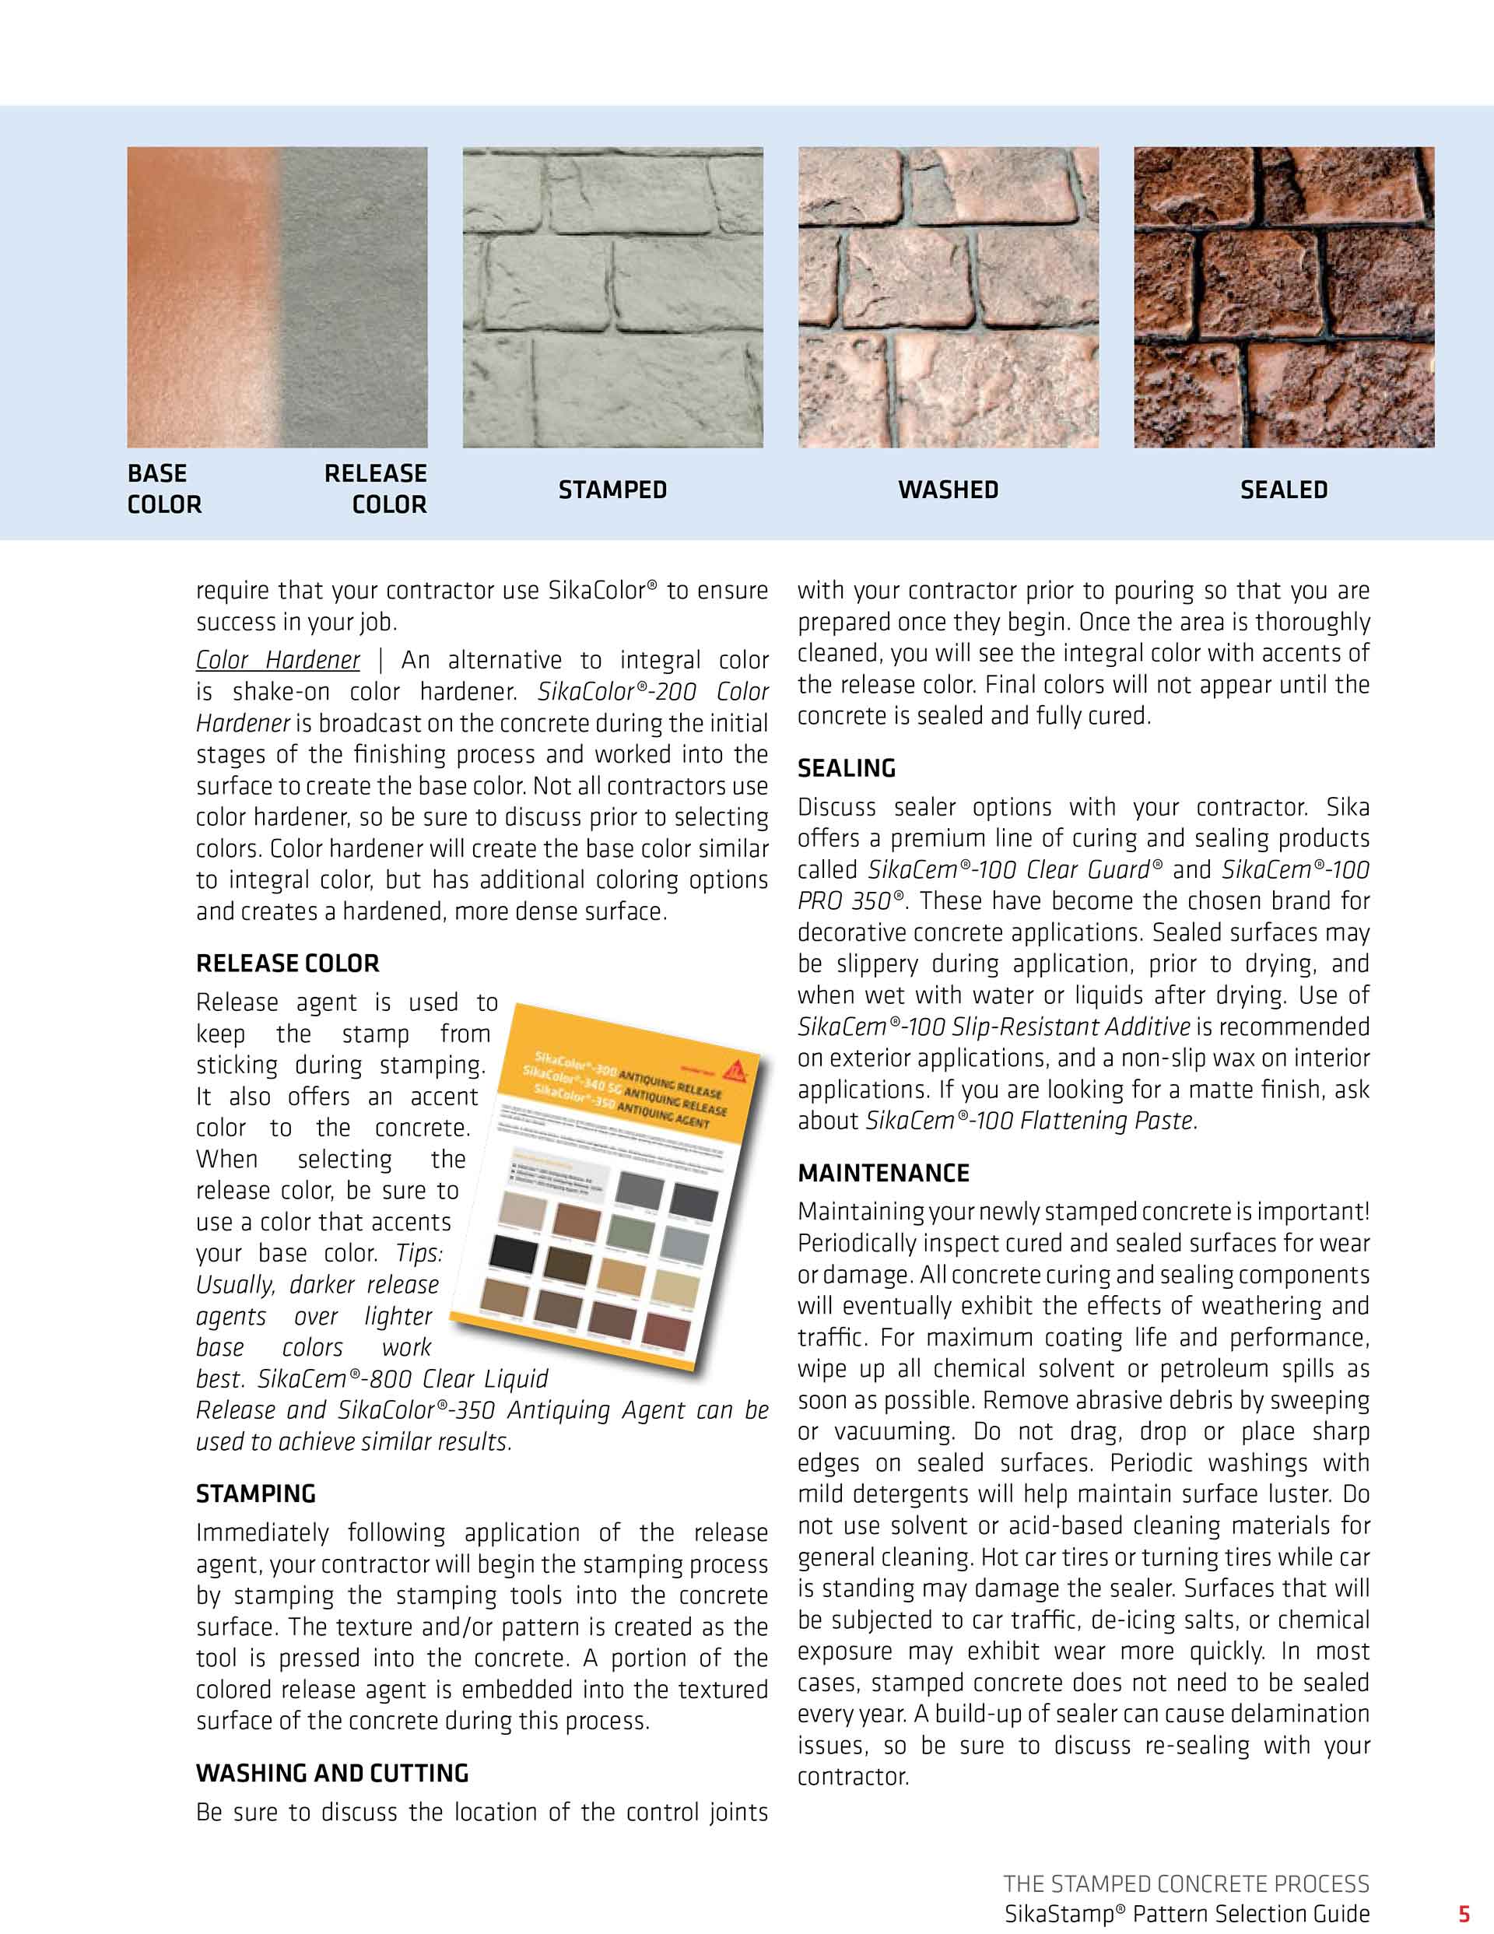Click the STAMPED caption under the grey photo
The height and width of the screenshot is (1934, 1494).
[612, 490]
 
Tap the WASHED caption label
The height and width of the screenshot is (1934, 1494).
[948, 490]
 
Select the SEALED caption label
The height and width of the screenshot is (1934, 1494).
[1283, 490]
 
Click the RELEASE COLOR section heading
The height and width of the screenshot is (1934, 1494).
[287, 963]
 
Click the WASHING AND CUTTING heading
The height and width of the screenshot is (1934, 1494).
[332, 1773]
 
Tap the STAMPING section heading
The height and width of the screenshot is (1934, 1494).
[255, 1494]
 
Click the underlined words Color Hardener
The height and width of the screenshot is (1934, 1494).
[277, 660]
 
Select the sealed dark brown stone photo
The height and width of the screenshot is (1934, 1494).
[1283, 297]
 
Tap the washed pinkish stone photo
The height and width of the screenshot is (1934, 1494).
[948, 297]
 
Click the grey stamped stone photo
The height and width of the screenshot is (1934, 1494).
[612, 297]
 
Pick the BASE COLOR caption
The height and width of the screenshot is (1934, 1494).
[165, 489]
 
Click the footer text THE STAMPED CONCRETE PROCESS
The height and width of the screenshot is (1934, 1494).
[1186, 1883]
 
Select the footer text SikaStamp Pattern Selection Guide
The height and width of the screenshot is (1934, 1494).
[1186, 1915]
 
